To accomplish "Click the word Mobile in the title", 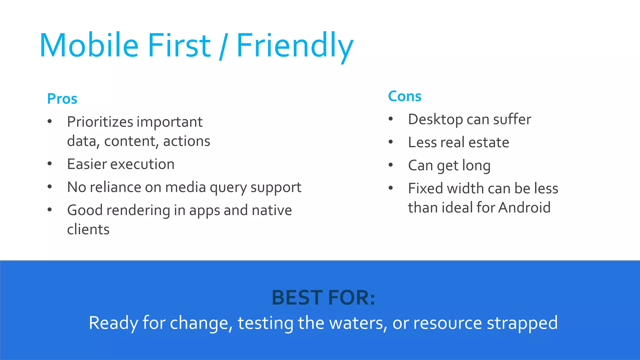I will pos(89,46).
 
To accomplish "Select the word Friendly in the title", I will pos(294,46).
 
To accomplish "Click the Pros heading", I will pos(62,99).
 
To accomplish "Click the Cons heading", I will pos(404,96).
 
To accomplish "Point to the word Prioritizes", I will pos(100,122).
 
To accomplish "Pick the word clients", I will pos(88,230).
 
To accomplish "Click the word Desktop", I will pos(435,119).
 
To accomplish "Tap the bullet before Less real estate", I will pos(391,142).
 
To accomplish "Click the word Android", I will pos(524,207).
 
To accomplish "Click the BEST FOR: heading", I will pos(323,297).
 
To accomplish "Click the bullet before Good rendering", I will pos(50,210).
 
